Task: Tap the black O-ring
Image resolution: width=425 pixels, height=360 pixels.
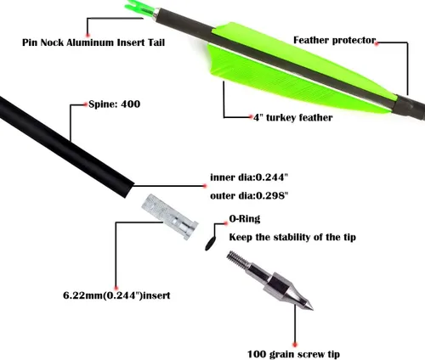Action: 210,244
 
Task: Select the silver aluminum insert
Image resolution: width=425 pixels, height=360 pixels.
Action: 170,217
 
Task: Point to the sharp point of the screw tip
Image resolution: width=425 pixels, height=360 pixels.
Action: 312,309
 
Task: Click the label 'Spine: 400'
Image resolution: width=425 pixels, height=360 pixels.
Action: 115,104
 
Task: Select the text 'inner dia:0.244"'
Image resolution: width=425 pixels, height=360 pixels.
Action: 249,177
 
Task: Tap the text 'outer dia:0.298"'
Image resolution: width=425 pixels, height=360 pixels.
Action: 249,195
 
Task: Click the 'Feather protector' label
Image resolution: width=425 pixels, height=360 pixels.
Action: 334,40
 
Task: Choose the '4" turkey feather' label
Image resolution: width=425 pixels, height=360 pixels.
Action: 293,117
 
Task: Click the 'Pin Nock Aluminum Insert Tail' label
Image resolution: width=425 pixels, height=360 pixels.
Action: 93,42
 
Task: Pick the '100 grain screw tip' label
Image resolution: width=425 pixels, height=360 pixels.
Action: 293,354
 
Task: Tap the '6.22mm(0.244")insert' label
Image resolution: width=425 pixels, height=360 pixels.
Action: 116,295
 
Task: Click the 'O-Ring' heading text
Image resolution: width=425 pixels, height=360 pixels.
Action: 245,219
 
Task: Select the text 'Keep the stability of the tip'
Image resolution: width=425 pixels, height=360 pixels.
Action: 292,237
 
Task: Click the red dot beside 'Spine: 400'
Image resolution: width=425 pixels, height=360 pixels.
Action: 86,104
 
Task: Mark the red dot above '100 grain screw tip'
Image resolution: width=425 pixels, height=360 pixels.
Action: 295,345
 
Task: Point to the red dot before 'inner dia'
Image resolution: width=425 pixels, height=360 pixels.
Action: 205,186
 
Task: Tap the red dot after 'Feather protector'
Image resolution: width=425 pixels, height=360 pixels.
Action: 377,43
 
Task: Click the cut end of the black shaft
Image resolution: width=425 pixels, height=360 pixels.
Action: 129,190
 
